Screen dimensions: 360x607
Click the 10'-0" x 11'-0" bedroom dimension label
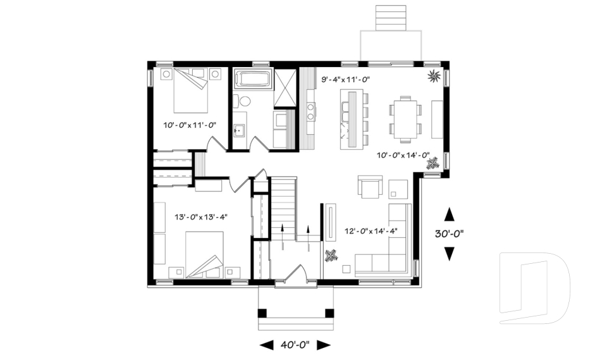190,125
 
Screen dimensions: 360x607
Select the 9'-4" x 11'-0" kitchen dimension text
345,80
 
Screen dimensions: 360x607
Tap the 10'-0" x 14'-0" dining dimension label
403,155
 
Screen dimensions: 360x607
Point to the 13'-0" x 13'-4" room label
200,217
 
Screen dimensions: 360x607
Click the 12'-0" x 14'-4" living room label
371,231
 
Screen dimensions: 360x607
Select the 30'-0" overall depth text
450,233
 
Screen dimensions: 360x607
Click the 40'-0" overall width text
295,345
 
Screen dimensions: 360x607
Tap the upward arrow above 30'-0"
450,213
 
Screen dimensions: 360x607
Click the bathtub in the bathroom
253,80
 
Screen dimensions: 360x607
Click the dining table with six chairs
403,116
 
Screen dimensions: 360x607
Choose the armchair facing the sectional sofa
371,187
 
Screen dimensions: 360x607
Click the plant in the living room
331,256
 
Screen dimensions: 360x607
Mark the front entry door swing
295,274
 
